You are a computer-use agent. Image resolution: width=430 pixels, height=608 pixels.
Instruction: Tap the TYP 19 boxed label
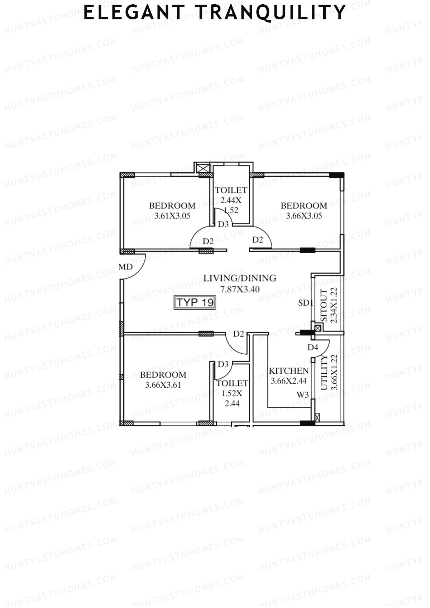click(195, 302)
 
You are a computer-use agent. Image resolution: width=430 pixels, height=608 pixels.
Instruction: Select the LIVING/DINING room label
click(240, 278)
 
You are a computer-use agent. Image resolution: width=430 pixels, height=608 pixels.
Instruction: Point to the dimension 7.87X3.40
click(240, 289)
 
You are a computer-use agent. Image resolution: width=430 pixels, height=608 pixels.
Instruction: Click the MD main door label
click(126, 267)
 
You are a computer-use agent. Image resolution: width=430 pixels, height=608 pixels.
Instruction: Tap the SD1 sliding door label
click(305, 303)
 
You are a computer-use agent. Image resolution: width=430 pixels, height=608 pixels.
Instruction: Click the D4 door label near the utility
click(312, 347)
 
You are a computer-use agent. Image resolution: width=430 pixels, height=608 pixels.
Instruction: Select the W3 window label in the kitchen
click(303, 395)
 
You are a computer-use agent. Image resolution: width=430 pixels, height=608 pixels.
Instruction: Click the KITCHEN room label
click(288, 371)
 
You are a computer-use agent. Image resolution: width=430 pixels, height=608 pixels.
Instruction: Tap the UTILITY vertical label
click(324, 373)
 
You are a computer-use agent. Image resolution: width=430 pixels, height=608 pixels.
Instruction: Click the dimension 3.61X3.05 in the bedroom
click(172, 216)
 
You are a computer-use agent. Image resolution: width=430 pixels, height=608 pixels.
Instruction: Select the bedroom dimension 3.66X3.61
click(163, 385)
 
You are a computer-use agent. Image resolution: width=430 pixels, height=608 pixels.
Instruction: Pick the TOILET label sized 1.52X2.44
click(232, 383)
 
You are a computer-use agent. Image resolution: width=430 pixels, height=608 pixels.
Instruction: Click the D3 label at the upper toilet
click(223, 224)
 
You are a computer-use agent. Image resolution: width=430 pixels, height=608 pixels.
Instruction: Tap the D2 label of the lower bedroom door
click(239, 334)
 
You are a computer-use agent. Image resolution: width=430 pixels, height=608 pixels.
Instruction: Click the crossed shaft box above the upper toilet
click(203, 167)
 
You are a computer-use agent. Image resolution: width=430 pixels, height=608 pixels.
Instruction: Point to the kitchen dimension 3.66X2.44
click(288, 381)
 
